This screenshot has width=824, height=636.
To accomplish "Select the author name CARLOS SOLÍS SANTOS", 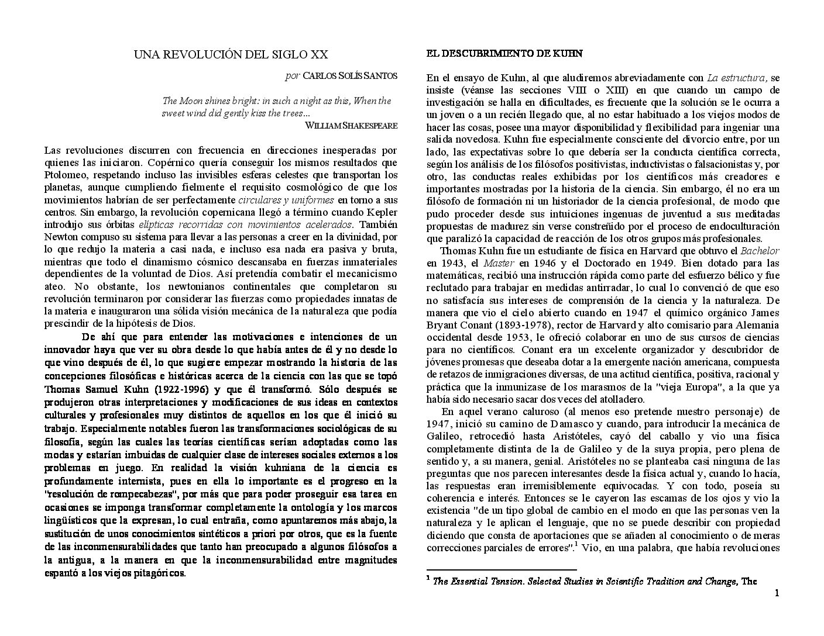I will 350,75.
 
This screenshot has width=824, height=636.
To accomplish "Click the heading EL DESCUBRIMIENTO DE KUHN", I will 504,53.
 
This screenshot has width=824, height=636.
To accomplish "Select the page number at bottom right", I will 777,594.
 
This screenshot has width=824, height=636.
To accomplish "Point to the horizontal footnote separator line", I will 502,569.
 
